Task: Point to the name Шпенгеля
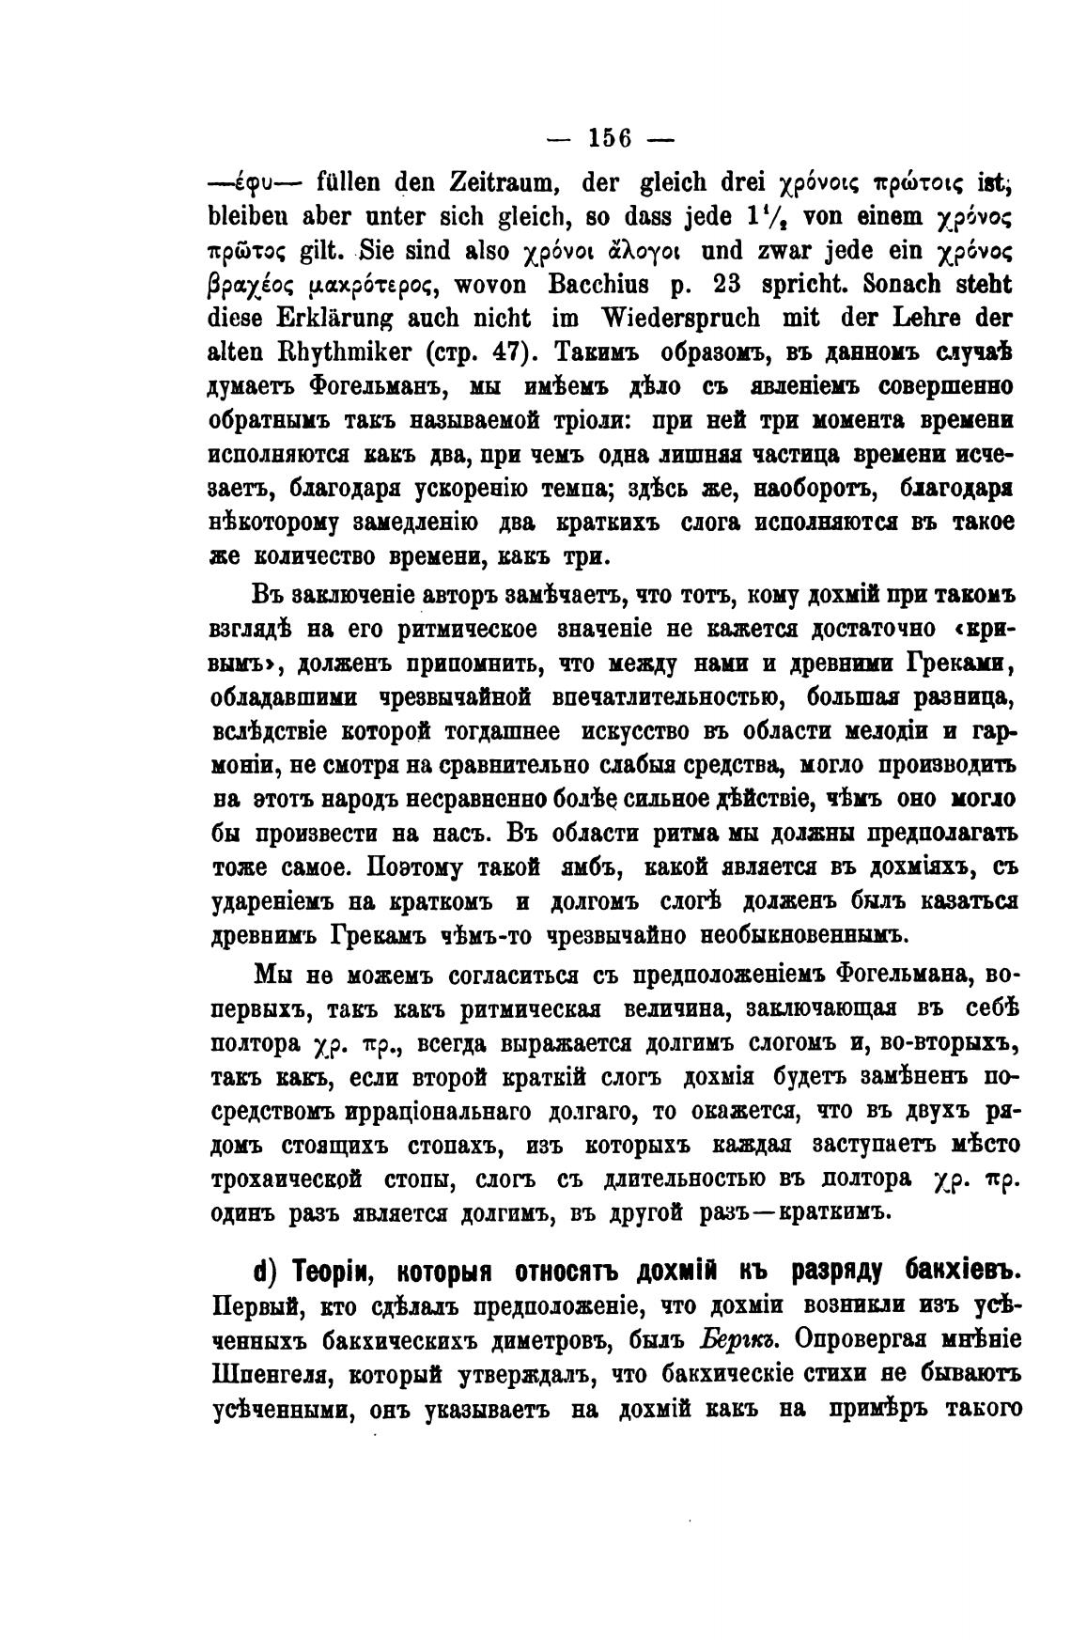(270, 1375)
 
